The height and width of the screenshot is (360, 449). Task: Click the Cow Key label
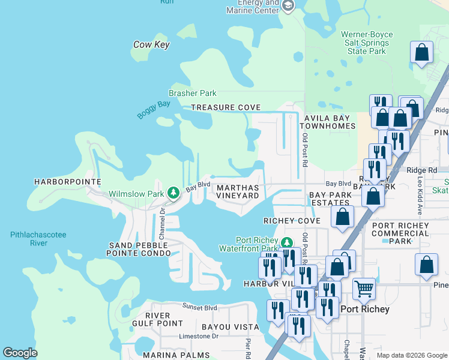point(151,44)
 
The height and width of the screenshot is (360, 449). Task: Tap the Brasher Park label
point(192,94)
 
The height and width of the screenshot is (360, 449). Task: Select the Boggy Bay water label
point(154,110)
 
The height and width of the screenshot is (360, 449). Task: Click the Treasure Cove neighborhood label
point(226,108)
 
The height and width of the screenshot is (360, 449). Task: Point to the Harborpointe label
point(67,181)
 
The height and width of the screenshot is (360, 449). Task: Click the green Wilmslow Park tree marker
point(173,193)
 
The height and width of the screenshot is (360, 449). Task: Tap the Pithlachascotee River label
point(38,239)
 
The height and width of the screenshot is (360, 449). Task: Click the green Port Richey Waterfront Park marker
point(287,242)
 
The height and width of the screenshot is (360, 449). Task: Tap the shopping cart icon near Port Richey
point(364,289)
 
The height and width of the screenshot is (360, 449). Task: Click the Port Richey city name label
point(365,310)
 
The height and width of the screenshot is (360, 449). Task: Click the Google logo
point(20,353)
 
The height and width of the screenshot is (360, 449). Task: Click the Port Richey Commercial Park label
point(401,233)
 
